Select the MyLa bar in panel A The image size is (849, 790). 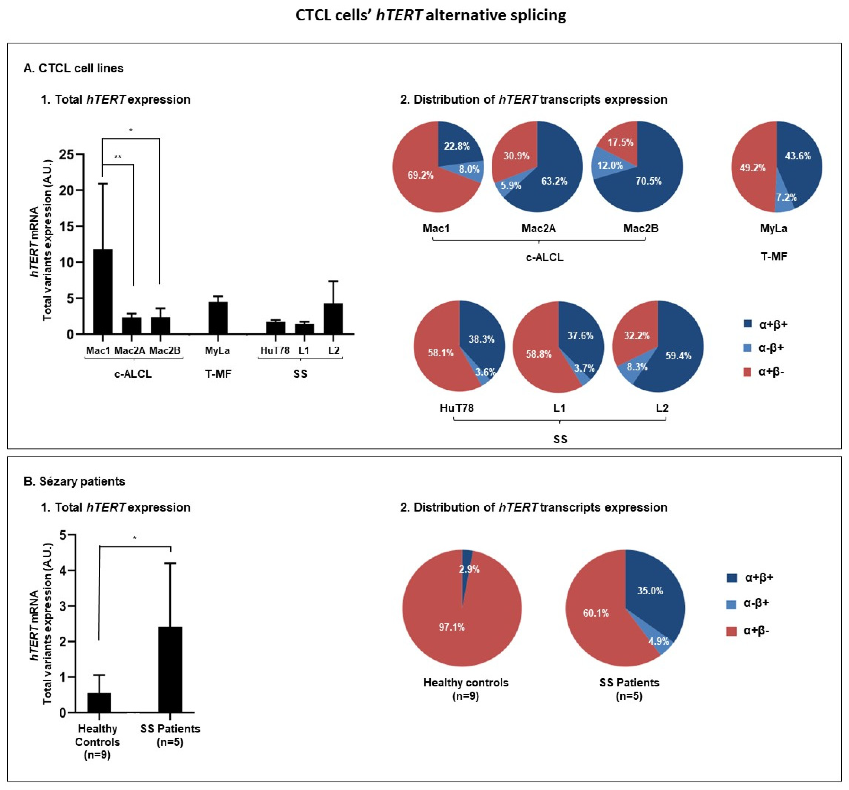(x=218, y=318)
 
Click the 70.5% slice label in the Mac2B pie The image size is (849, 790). (x=648, y=181)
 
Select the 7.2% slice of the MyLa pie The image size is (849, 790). (x=786, y=197)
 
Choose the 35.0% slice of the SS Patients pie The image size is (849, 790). (x=650, y=591)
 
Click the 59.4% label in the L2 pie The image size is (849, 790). (x=678, y=355)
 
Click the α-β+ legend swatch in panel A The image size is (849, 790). (x=747, y=348)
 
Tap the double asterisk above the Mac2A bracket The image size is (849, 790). (x=118, y=157)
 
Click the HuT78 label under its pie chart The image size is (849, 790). (x=456, y=408)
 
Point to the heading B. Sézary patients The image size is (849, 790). (x=74, y=481)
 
